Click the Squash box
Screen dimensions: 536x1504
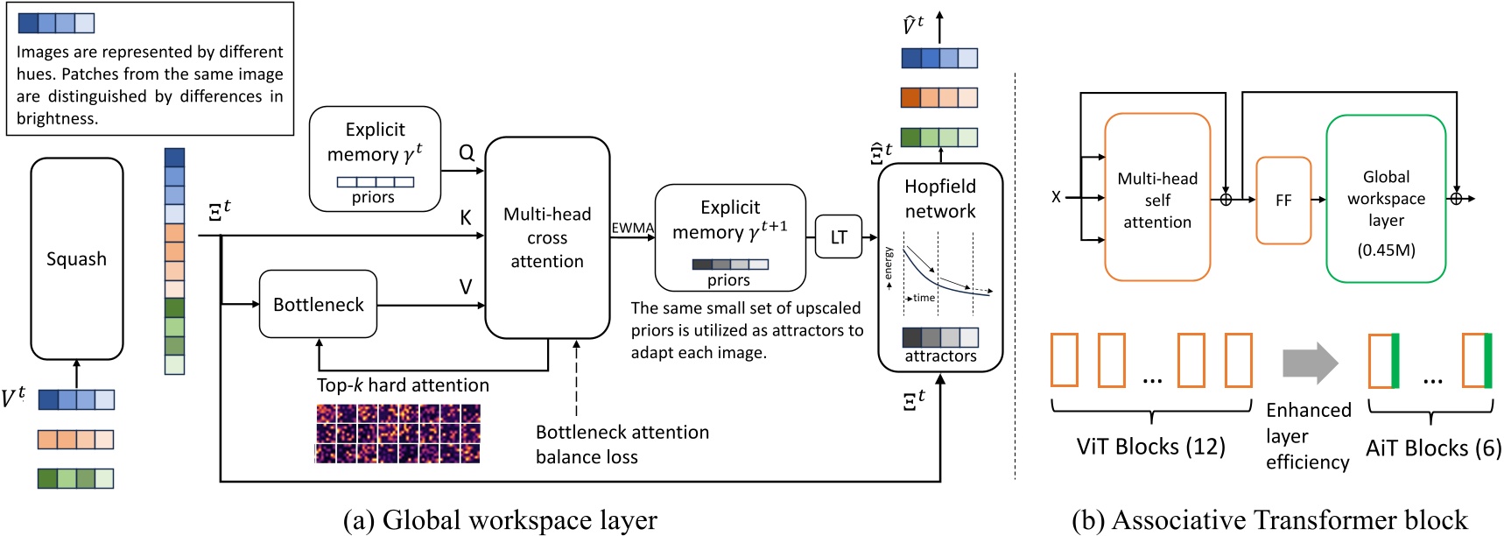coord(77,258)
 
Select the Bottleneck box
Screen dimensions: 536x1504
coord(318,304)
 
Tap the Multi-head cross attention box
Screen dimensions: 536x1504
coord(547,237)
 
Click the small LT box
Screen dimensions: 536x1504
coord(839,236)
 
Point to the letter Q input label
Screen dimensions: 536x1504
coord(467,152)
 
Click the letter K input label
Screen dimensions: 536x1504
coord(466,218)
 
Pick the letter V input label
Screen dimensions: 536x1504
coord(466,286)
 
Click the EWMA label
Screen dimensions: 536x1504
coord(632,228)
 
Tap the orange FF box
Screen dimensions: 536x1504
coord(1283,201)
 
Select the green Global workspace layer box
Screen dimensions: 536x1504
coord(1386,199)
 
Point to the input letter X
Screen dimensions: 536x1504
coord(1056,197)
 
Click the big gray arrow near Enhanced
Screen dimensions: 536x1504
coord(1310,363)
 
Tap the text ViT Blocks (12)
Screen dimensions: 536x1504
coord(1150,447)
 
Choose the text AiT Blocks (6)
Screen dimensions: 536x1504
coord(1432,448)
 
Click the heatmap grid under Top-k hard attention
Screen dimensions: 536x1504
coord(398,434)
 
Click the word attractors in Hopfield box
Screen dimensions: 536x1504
coord(940,356)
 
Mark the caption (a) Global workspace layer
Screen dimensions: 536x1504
coord(500,519)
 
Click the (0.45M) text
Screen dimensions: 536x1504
coord(1386,250)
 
